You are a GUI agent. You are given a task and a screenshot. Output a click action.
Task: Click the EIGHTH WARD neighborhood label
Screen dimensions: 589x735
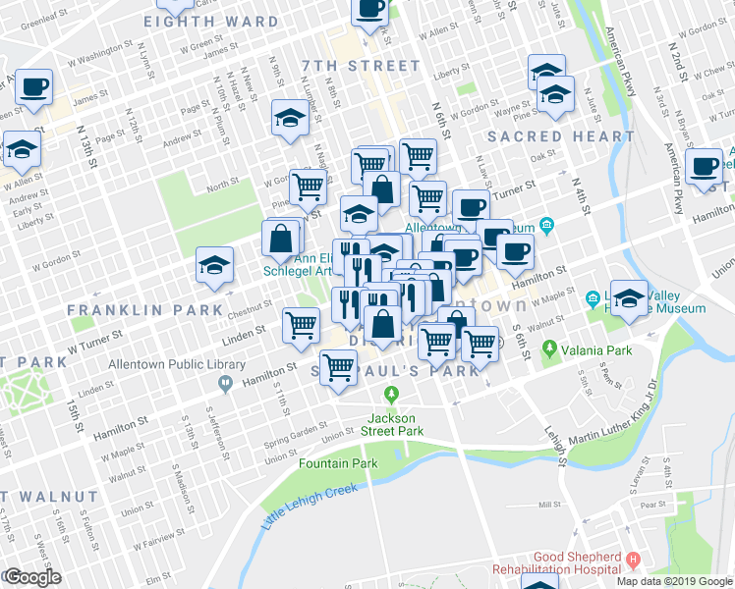210,21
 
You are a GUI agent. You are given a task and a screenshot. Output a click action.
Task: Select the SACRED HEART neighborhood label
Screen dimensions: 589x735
560,136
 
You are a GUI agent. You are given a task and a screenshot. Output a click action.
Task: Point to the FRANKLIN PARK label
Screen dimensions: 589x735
145,309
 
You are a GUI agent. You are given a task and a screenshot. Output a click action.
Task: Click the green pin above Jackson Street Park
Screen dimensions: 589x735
392,395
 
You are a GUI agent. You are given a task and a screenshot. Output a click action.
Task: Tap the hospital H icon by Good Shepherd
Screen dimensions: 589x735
633,560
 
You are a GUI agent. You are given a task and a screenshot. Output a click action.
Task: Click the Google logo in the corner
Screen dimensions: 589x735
31,577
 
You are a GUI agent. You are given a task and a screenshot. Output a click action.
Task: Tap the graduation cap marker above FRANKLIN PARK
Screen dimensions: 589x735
212,265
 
